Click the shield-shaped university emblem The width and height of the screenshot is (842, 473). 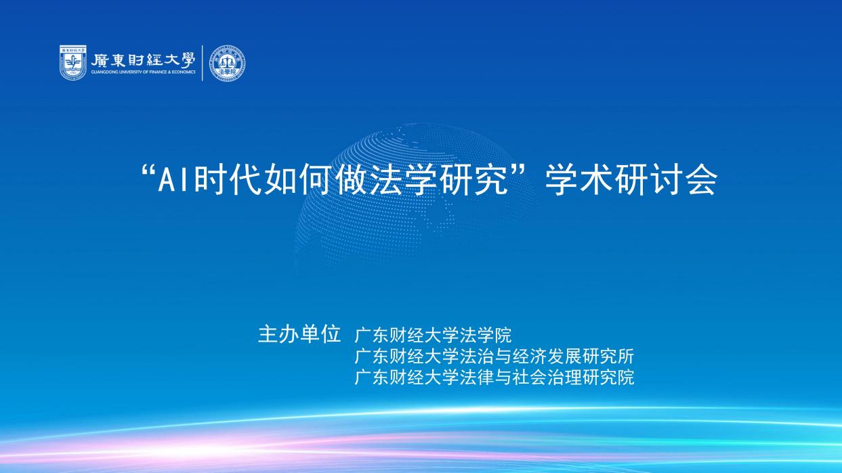tap(73, 63)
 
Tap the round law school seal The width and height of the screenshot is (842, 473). tap(227, 64)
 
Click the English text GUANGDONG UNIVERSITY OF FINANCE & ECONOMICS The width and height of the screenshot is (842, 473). tap(143, 72)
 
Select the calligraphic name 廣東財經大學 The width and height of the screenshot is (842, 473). tap(143, 60)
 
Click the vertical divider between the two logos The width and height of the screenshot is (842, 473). tap(203, 63)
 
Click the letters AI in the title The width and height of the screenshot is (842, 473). tap(176, 180)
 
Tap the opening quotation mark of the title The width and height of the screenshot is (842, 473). tap(149, 173)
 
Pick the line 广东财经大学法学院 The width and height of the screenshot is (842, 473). tap(433, 335)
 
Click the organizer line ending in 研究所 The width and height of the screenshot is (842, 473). tap(494, 356)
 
